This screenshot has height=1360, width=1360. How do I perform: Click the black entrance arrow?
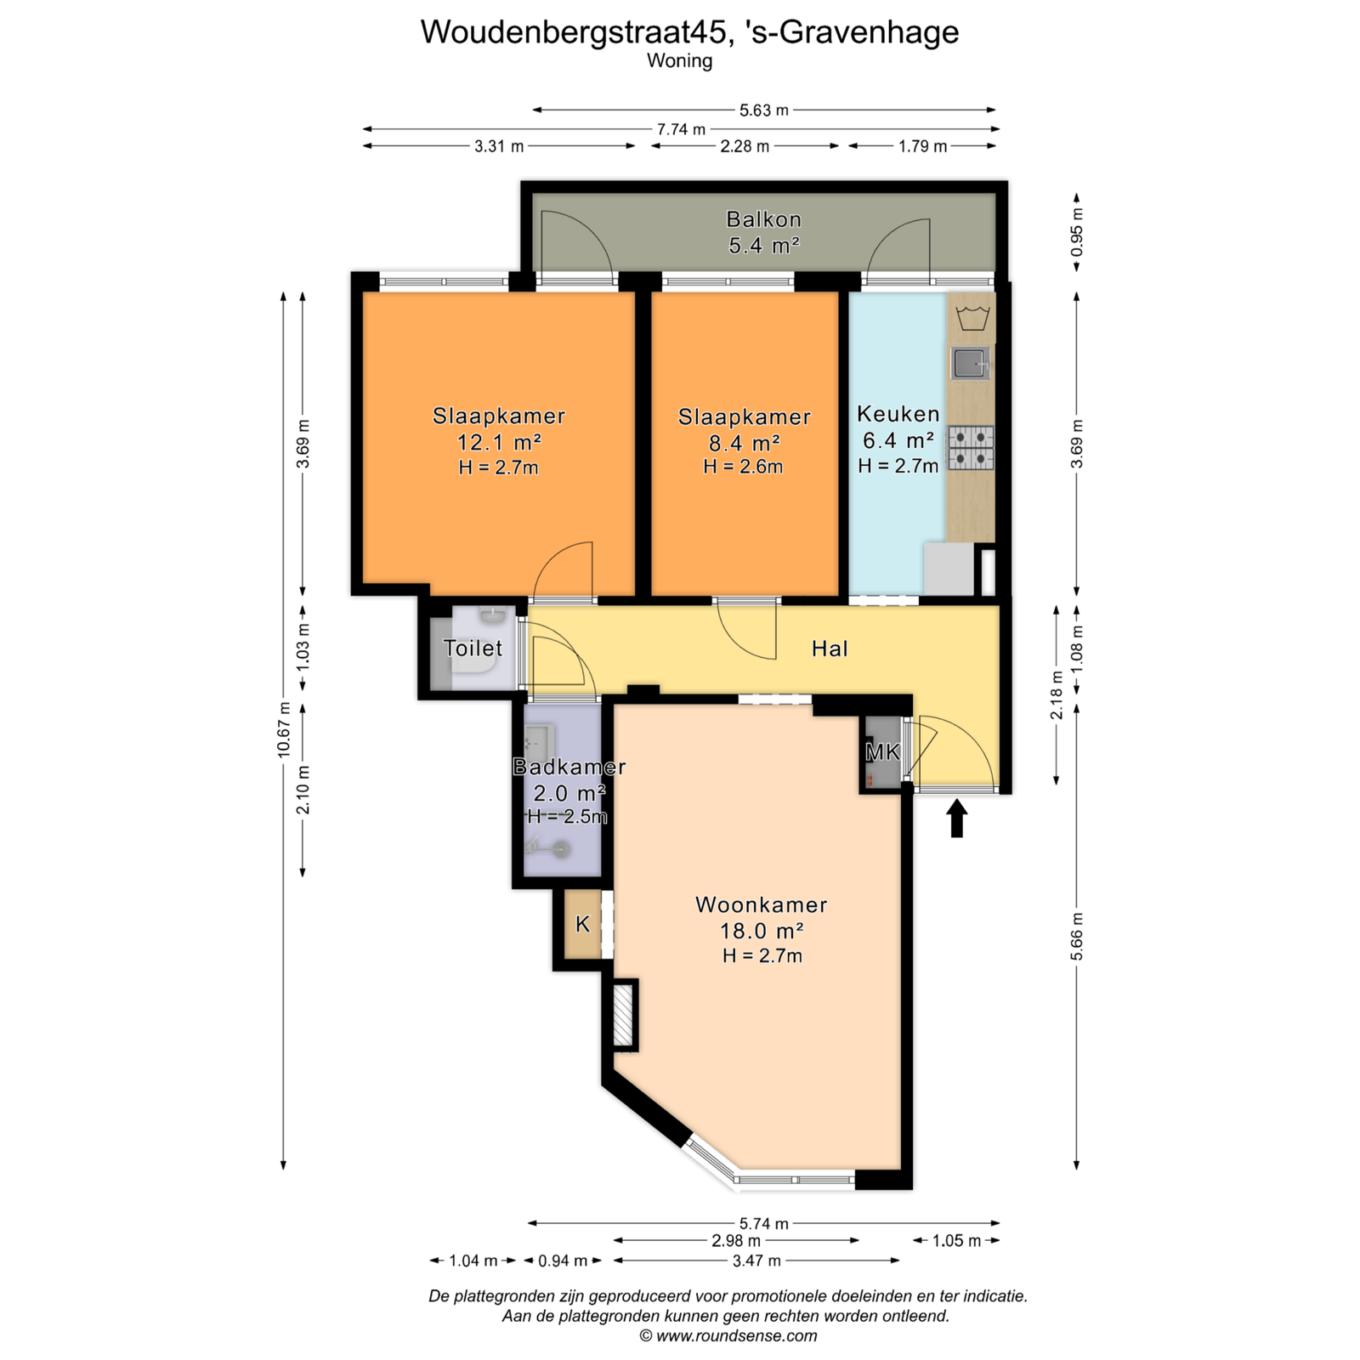(x=957, y=818)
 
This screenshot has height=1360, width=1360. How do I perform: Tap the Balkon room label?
(x=763, y=219)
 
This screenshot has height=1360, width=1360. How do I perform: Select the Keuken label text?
(x=898, y=414)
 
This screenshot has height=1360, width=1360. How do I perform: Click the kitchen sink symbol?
(x=970, y=363)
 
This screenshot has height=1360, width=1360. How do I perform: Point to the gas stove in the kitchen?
(x=971, y=447)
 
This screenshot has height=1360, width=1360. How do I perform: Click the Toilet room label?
(x=473, y=649)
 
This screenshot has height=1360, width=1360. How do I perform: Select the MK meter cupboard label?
(x=882, y=751)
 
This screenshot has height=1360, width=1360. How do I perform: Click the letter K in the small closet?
(x=582, y=924)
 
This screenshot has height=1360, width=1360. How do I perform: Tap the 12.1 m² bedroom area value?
(x=499, y=442)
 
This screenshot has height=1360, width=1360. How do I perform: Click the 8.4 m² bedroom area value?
(x=744, y=443)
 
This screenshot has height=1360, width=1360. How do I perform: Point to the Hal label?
(x=830, y=649)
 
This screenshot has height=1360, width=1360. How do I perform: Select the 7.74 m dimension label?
(x=681, y=129)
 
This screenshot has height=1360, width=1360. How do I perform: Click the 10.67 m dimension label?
(x=284, y=729)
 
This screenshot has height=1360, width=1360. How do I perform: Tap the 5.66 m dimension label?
(x=1077, y=937)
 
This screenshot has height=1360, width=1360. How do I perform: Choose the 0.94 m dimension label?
(x=563, y=1261)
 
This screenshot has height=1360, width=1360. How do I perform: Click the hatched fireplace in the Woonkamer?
(x=625, y=1014)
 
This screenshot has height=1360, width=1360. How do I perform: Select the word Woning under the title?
(x=679, y=61)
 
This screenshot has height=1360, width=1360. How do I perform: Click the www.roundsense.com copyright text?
(x=728, y=1335)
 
